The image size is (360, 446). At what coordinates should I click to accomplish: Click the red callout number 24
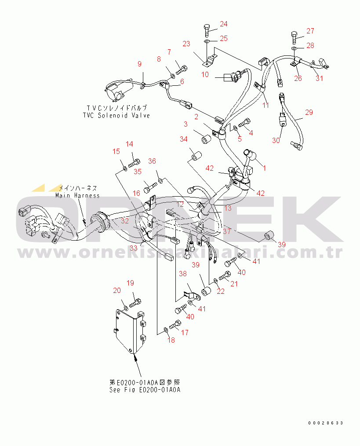(x=223, y=24)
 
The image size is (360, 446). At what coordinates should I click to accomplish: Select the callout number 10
(x=205, y=74)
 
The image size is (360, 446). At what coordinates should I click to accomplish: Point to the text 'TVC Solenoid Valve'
(x=116, y=116)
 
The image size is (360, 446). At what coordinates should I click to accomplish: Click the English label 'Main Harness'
(x=78, y=195)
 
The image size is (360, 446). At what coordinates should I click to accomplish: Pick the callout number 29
(x=309, y=112)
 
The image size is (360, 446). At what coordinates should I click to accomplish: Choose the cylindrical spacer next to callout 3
(x=207, y=140)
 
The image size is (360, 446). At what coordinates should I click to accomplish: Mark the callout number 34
(x=184, y=139)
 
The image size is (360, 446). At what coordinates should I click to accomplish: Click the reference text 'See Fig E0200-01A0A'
(x=145, y=390)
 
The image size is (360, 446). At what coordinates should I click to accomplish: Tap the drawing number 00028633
(x=326, y=423)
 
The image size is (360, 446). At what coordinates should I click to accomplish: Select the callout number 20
(x=117, y=290)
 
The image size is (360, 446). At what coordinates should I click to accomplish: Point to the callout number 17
(x=185, y=332)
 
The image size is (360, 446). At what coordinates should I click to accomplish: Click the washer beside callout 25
(x=207, y=42)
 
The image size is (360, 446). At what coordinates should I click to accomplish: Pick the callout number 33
(x=133, y=248)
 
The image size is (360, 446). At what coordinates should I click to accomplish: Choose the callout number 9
(x=139, y=64)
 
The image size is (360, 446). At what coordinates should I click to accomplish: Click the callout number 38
(x=183, y=274)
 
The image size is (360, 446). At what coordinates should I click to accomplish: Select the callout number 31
(x=319, y=78)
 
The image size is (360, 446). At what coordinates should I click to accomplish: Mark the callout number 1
(x=265, y=168)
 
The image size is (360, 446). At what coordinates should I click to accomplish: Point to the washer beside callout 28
(x=295, y=49)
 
